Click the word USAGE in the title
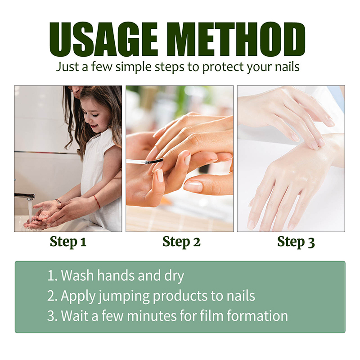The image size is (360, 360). point(103,39)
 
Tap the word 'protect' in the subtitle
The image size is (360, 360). point(223,67)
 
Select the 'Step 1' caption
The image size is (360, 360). point(68,242)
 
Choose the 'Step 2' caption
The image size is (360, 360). point(181,242)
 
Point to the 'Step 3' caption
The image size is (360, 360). point(296,242)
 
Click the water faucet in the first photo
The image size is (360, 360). point(25,196)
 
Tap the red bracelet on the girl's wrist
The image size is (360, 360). point(97,202)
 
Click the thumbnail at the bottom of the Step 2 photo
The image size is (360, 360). point(193,186)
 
